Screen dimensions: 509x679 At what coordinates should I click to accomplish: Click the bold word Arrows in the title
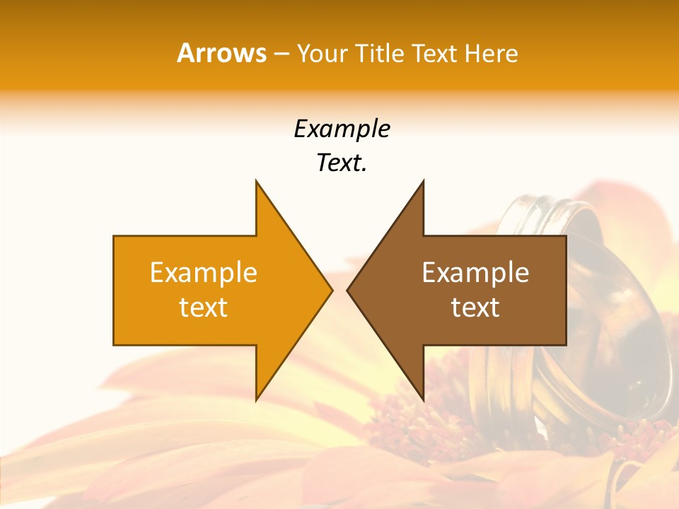tap(222, 53)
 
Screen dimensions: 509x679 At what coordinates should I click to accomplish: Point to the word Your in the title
tap(323, 53)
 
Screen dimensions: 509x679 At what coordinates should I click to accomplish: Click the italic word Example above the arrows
tap(342, 129)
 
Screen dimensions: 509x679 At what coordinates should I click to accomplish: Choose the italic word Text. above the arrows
tap(342, 163)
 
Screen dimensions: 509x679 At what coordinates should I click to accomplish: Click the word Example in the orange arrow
tap(203, 272)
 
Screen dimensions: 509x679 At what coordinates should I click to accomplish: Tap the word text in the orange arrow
tap(203, 307)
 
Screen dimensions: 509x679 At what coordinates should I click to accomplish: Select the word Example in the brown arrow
tap(475, 272)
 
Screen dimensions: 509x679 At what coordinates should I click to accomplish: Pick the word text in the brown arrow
tap(475, 307)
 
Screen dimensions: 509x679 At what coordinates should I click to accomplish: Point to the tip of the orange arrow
tap(332, 290)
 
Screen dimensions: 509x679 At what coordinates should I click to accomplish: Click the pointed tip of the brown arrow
tap(347, 290)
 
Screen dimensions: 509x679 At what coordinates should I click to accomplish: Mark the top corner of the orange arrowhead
tap(256, 181)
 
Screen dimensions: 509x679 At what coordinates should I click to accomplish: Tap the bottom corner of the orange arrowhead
tap(256, 399)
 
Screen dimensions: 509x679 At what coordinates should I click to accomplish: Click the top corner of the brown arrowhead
tap(423, 181)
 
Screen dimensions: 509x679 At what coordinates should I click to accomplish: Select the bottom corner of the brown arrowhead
tap(423, 399)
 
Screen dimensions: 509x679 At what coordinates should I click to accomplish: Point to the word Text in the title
tap(434, 53)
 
